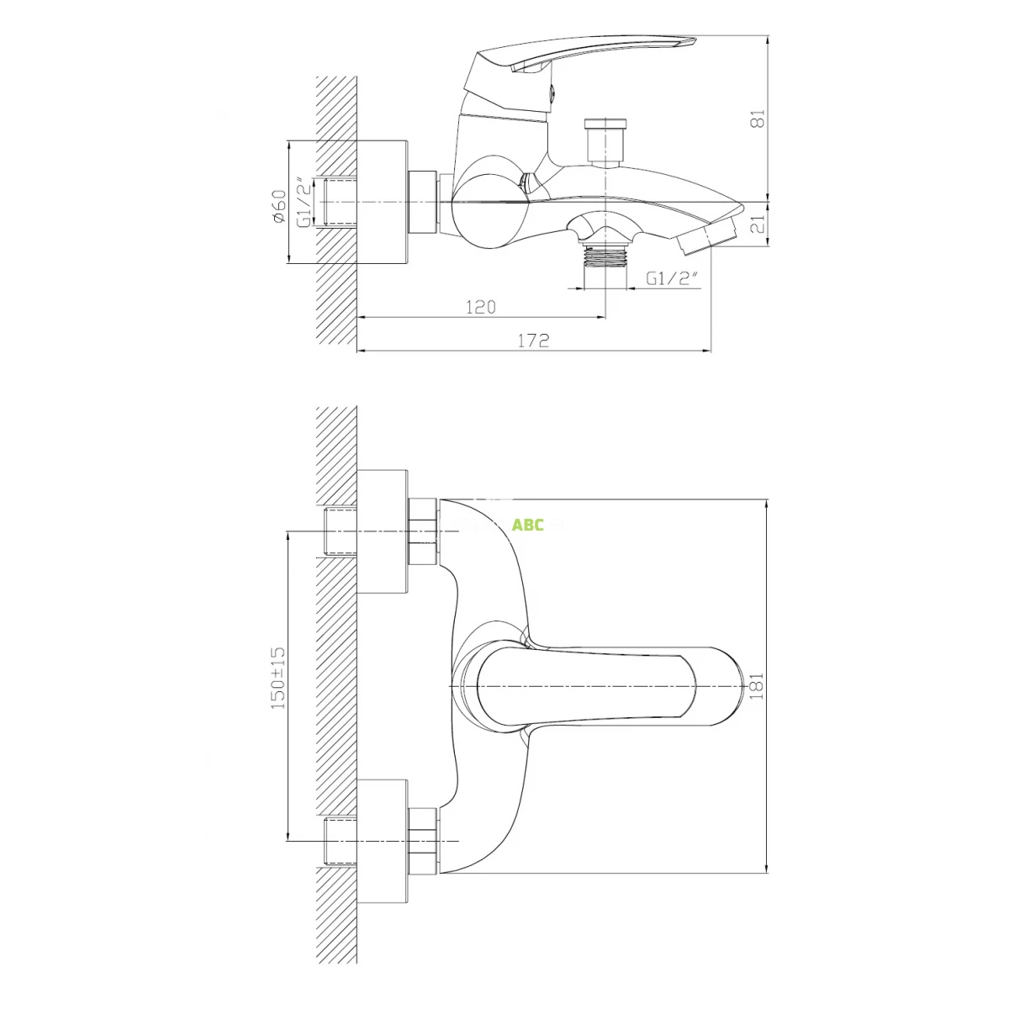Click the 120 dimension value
click(x=480, y=307)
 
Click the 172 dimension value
click(x=534, y=341)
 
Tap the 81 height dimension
click(x=758, y=119)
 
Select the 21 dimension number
click(x=758, y=224)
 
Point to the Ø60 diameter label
click(x=279, y=207)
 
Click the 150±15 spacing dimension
click(x=278, y=678)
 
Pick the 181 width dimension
click(x=758, y=686)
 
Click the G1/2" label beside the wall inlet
click(x=307, y=202)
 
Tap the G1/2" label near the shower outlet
click(x=674, y=278)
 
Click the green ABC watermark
click(x=527, y=525)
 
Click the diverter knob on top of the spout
click(x=605, y=142)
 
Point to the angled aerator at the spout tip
click(x=707, y=238)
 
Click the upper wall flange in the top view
click(x=383, y=532)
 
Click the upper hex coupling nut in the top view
click(x=423, y=532)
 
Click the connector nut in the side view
click(x=423, y=202)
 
